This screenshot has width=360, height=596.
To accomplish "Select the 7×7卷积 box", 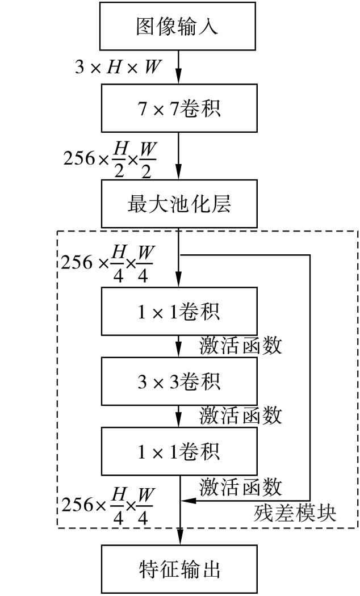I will pyautogui.click(x=179, y=108).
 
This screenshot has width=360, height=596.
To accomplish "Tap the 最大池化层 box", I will pyautogui.click(x=179, y=204).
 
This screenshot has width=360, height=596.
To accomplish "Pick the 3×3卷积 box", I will pyautogui.click(x=179, y=381).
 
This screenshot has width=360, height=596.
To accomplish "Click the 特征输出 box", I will pyautogui.click(x=179, y=569).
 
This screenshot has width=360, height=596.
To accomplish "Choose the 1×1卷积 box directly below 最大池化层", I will pyautogui.click(x=179, y=311).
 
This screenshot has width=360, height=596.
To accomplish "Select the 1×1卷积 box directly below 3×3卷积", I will pyautogui.click(x=179, y=451).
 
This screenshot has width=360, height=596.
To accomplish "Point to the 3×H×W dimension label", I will pyautogui.click(x=118, y=68).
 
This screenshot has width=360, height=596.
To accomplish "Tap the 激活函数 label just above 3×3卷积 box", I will pyautogui.click(x=240, y=345).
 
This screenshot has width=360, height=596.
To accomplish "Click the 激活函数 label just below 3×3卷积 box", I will pyautogui.click(x=240, y=415).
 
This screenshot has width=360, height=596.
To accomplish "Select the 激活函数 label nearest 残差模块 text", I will pyautogui.click(x=240, y=486).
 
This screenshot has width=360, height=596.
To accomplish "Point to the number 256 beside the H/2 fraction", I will pyautogui.click(x=80, y=158).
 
